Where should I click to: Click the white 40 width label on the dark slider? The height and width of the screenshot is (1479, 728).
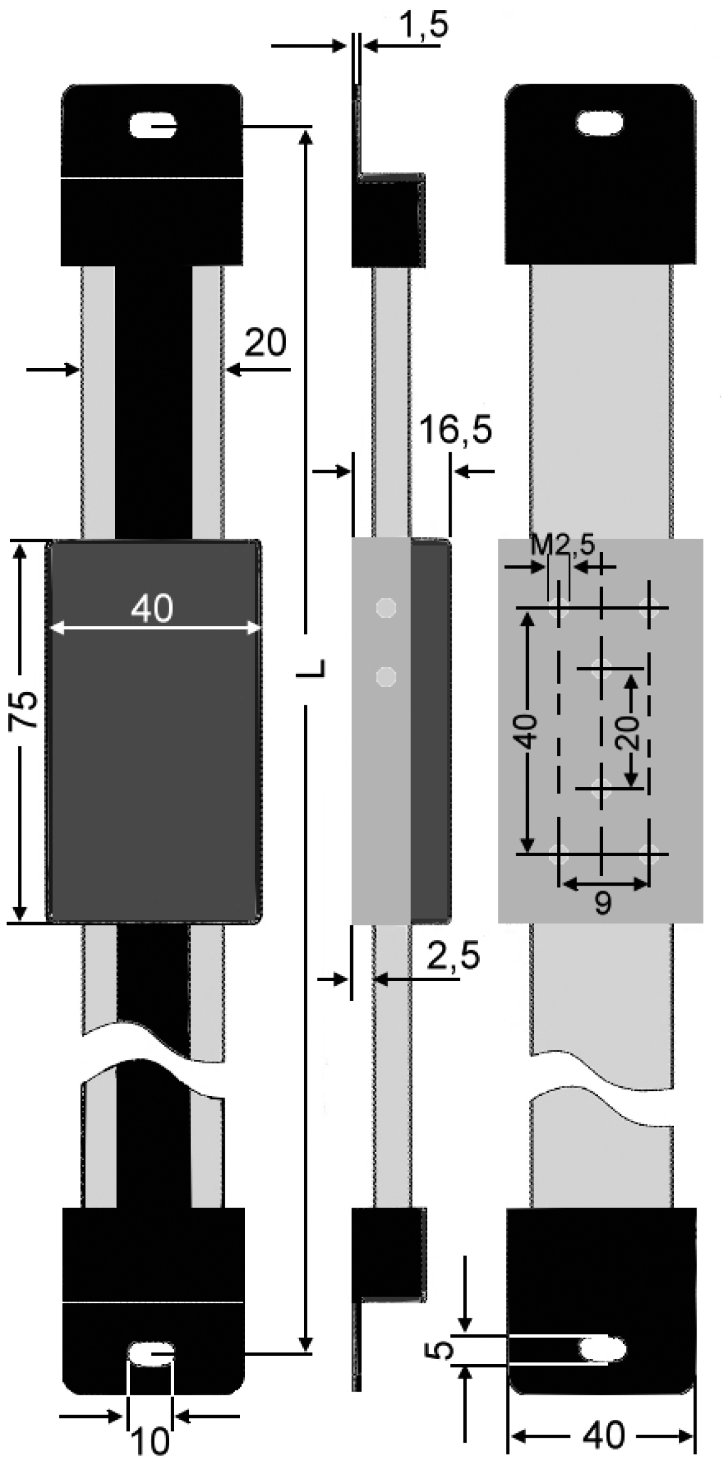(152, 609)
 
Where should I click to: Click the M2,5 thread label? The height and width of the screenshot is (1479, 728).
(562, 547)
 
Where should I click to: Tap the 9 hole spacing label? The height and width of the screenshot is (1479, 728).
(602, 903)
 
